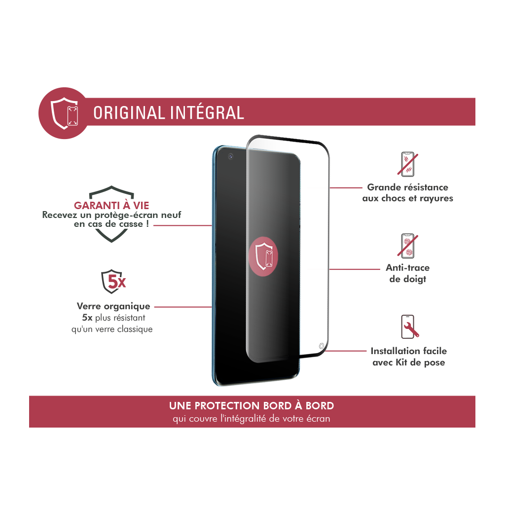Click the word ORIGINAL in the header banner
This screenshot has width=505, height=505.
pos(129,113)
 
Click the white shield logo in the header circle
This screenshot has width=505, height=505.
pos(65,113)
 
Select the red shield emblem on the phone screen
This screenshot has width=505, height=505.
pos(263,256)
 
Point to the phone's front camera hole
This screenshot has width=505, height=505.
pos(231,156)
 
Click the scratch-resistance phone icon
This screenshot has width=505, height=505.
pos(407,164)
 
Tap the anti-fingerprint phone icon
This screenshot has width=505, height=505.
pos(407,246)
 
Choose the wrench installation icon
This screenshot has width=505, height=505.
pos(409,326)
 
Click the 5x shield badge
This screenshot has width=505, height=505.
pos(113,282)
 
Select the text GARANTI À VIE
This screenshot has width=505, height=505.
pos(111,206)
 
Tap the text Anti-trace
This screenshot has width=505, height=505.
pos(408,268)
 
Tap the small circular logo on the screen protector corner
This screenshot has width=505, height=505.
pos(321,346)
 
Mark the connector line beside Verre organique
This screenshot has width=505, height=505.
pos(183,307)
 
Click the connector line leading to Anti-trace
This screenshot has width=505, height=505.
pos(355,269)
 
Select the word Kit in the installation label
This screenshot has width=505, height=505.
pos(401,362)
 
